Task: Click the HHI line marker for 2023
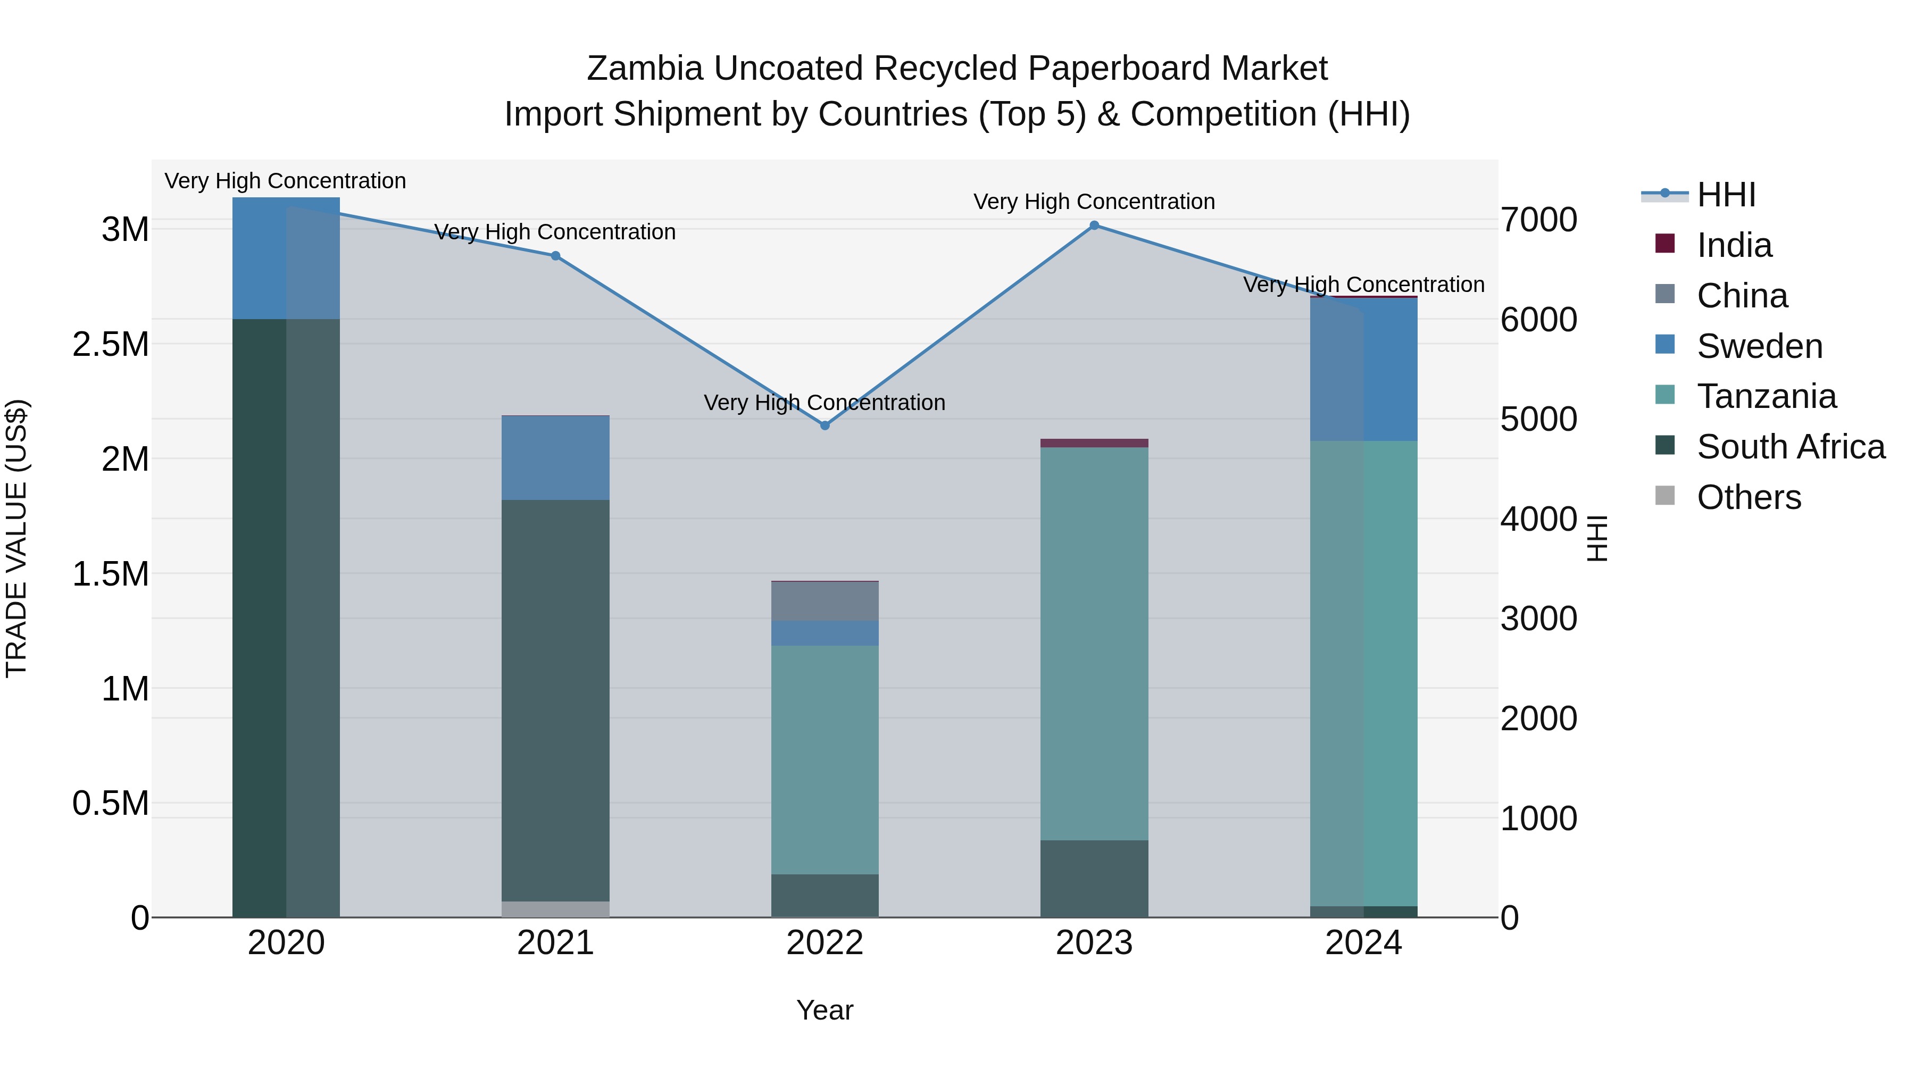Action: pos(1094,225)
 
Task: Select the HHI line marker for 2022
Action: pos(825,425)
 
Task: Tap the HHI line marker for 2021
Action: pos(555,256)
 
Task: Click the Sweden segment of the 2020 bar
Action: pos(286,258)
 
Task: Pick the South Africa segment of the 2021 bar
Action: pos(555,699)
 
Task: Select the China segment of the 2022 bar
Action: pos(825,600)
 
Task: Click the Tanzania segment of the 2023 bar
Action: pos(1094,643)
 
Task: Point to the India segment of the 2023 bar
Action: pos(1094,443)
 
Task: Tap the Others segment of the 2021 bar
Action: pos(555,909)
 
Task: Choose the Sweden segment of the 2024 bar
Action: pos(1363,370)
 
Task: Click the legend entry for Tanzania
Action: pos(1766,396)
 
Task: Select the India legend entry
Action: pos(1734,245)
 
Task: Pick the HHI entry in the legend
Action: pos(1726,195)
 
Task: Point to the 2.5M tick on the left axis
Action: pos(111,344)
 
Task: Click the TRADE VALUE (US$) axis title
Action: pos(17,538)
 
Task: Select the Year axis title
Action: pos(825,1010)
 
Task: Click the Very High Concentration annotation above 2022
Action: pos(825,402)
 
